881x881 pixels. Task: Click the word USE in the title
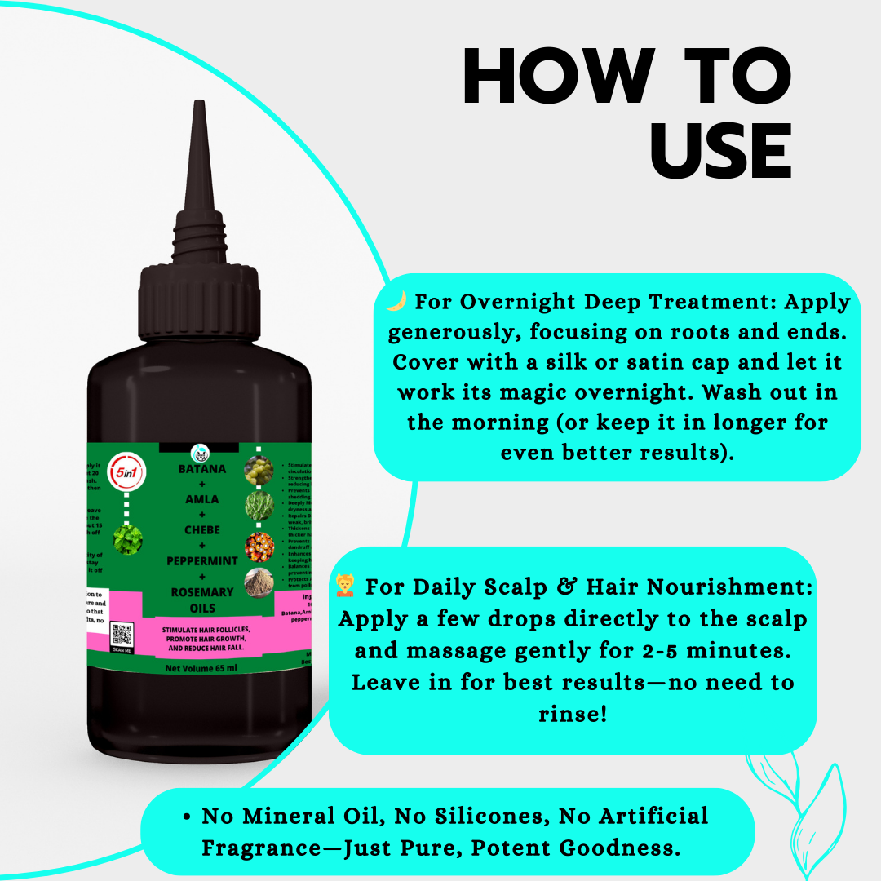point(723,151)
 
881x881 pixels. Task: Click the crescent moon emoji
point(396,301)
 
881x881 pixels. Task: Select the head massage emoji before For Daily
point(346,586)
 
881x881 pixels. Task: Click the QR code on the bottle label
point(122,634)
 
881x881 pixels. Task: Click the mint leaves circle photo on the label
point(128,539)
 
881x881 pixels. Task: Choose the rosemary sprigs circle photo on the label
point(259,507)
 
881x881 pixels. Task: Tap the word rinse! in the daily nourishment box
point(572,713)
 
